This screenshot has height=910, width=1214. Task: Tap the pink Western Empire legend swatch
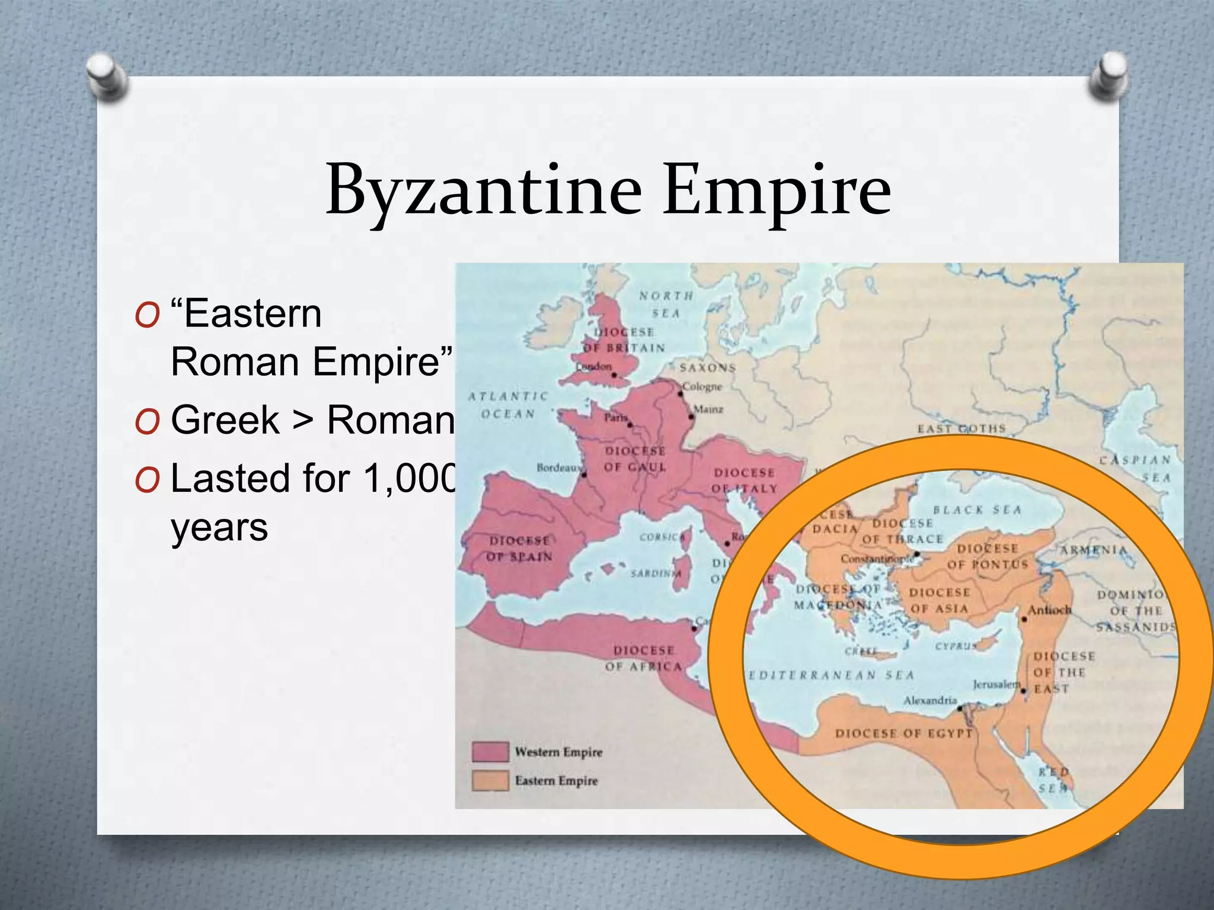490,752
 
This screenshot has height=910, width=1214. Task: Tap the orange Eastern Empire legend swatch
490,780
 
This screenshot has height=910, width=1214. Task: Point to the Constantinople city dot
916,555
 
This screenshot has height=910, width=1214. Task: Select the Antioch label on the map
1049,610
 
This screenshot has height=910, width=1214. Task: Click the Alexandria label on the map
929,700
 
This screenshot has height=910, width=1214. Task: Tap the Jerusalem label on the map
995,684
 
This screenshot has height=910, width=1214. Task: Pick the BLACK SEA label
977,510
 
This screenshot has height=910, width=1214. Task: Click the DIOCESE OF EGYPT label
903,733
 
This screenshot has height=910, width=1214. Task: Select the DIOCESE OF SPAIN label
520,549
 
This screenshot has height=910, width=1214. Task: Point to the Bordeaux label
558,467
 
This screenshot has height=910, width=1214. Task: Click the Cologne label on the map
702,387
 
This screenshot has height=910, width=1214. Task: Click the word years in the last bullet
219,527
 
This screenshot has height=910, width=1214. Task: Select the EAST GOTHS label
961,428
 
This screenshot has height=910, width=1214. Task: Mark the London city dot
614,375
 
